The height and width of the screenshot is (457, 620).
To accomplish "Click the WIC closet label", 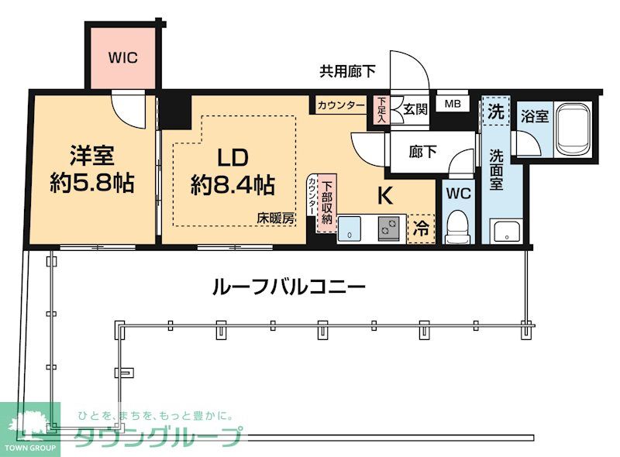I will click(122, 58).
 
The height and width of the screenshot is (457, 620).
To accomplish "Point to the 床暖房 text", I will click(277, 219).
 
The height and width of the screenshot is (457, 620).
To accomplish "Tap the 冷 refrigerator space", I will click(422, 228).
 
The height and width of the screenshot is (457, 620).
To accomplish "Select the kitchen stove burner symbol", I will click(387, 228).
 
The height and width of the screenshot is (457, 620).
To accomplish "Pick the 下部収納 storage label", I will click(327, 203).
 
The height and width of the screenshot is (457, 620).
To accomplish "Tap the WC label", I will click(459, 194).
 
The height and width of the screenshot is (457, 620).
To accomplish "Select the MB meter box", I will click(451, 102).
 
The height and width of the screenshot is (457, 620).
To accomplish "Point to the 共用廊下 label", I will click(348, 71).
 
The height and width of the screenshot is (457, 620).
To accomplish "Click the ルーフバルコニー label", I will click(288, 287).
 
